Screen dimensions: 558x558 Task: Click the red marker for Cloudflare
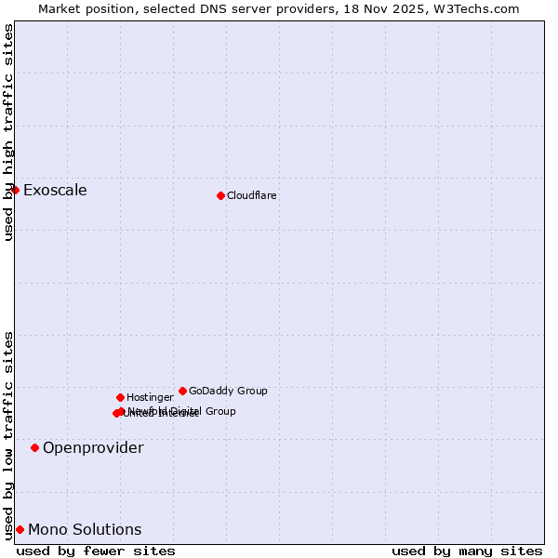[220, 195]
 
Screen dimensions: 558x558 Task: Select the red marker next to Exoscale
[15, 190]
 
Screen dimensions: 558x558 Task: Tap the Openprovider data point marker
[34, 447]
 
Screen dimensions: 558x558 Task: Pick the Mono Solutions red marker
[20, 529]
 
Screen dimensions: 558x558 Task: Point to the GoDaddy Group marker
[182, 391]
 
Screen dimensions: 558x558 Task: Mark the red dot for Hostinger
[120, 397]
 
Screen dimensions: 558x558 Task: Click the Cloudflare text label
[251, 195]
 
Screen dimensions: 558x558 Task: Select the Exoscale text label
[55, 191]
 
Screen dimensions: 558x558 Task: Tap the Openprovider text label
[93, 448]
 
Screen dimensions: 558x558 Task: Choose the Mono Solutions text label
[85, 530]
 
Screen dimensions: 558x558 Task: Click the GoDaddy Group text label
[228, 391]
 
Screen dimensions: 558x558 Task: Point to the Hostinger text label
[150, 397]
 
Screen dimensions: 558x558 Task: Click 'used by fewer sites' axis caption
[96, 551]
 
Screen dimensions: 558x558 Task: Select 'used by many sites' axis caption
[467, 551]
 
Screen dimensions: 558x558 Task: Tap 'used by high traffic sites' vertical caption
[8, 132]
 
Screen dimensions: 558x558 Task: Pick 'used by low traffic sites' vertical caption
[8, 434]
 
